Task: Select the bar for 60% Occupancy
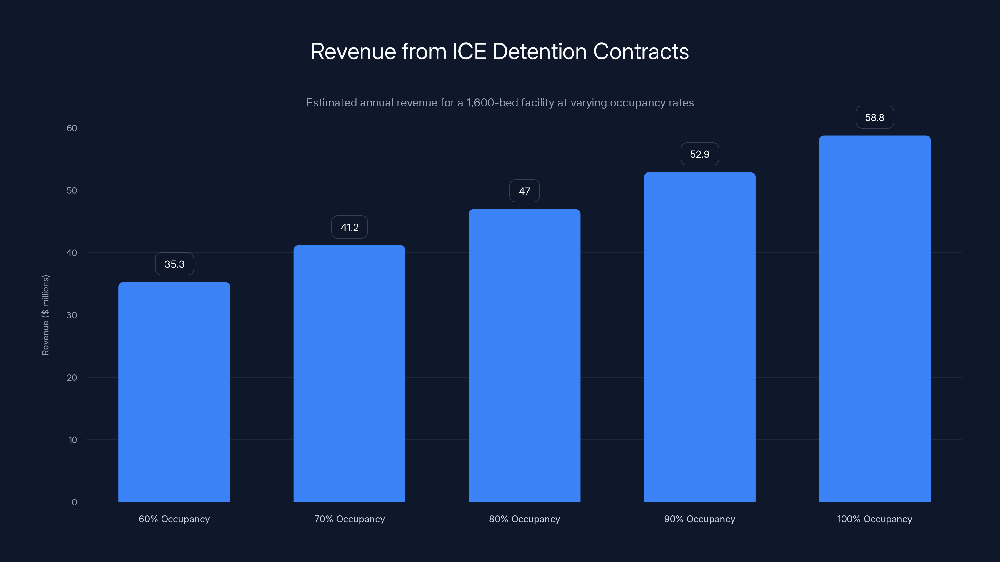pyautogui.click(x=174, y=392)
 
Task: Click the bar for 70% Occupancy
pyautogui.click(x=349, y=373)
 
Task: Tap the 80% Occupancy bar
pyautogui.click(x=524, y=355)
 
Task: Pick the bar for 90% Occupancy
pyautogui.click(x=700, y=337)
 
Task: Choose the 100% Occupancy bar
pyautogui.click(x=875, y=318)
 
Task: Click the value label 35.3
pyautogui.click(x=174, y=264)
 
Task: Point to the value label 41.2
pyautogui.click(x=349, y=227)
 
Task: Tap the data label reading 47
pyautogui.click(x=524, y=191)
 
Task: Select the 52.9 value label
pyautogui.click(x=700, y=154)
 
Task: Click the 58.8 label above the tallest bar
pyautogui.click(x=875, y=117)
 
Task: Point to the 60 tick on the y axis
pyautogui.click(x=72, y=128)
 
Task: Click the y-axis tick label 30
pyautogui.click(x=72, y=315)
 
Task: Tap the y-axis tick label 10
pyautogui.click(x=72, y=440)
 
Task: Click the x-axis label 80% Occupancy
pyautogui.click(x=524, y=519)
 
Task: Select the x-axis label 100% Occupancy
pyautogui.click(x=875, y=519)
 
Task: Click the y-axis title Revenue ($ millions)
pyautogui.click(x=45, y=315)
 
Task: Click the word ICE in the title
pyautogui.click(x=469, y=52)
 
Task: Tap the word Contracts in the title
pyautogui.click(x=641, y=52)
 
